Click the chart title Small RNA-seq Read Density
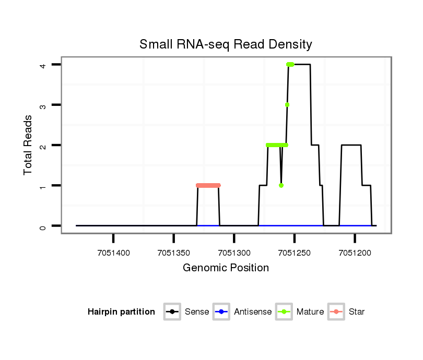(226, 44)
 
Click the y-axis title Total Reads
(29, 145)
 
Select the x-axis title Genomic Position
(226, 268)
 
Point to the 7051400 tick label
(113, 253)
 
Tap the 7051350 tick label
(173, 253)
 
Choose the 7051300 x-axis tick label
(234, 253)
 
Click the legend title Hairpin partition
(121, 312)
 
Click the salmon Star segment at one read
(208, 185)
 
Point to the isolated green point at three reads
(287, 105)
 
